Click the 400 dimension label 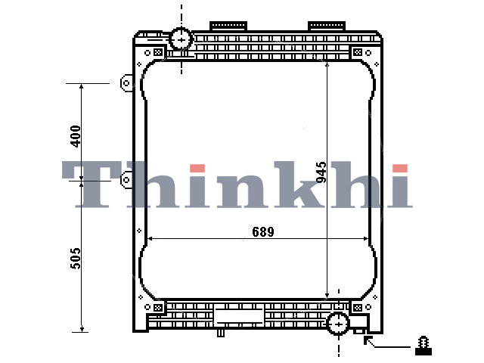tap(76, 136)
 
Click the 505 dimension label tap(76, 258)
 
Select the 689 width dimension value tap(263, 231)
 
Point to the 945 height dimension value tap(321, 172)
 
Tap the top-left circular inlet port tap(181, 39)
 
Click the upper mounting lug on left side tap(126, 82)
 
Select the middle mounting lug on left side tap(126, 179)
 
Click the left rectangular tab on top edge tap(228, 26)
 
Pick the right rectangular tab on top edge tap(327, 26)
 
